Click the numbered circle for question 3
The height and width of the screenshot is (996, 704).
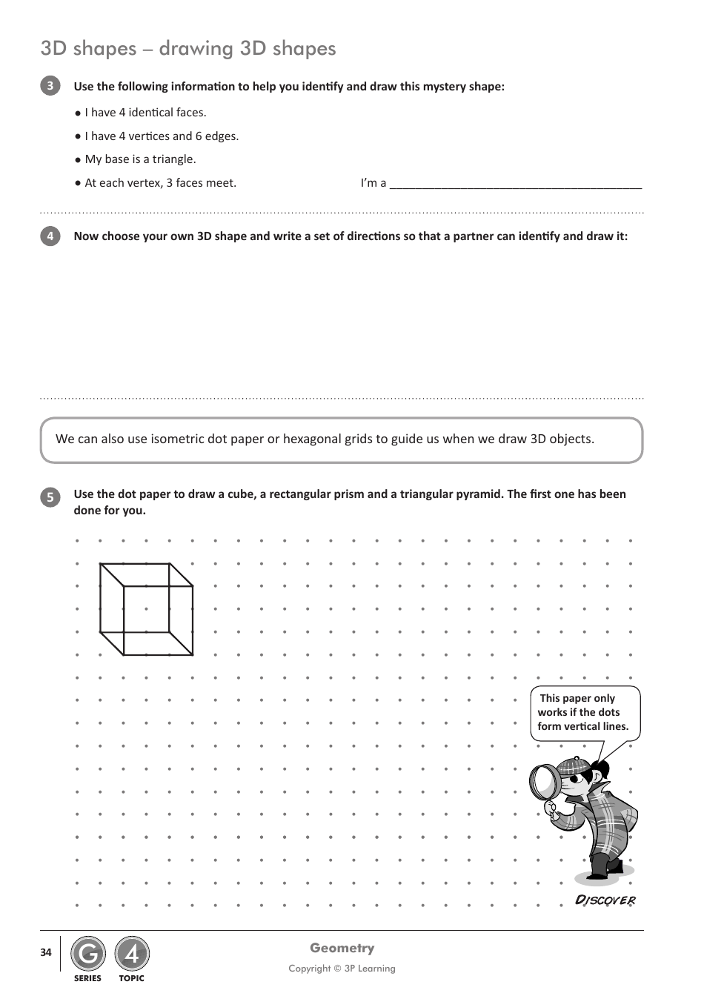50,86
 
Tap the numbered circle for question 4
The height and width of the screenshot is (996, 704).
50,236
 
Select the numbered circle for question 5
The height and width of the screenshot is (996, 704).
50,497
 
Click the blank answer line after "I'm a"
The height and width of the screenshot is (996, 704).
515,184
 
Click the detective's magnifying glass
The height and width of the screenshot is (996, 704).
546,783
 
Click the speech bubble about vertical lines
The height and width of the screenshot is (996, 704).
584,712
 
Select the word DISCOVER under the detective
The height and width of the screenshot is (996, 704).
605,900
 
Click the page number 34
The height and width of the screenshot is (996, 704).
46,952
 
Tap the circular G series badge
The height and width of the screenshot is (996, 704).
87,954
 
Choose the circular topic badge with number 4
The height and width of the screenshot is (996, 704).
132,954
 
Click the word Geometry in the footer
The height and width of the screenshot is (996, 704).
342,948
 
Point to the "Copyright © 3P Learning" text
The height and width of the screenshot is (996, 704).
342,969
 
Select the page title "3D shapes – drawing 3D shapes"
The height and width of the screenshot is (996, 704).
188,49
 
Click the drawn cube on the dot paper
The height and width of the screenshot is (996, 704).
147,609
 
